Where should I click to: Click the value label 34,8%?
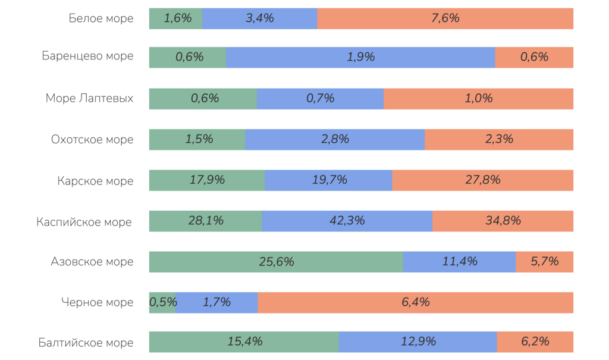click(503, 221)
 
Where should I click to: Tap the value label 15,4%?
click(245, 342)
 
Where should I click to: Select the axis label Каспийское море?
click(84, 222)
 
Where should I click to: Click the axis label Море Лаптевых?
click(89, 99)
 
